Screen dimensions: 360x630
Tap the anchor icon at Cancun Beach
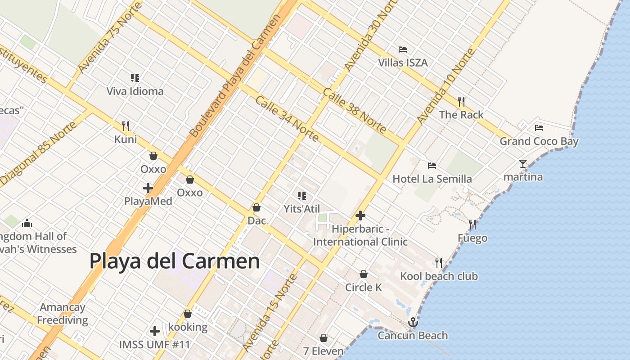click(x=413, y=322)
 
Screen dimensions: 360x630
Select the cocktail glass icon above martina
click(x=522, y=164)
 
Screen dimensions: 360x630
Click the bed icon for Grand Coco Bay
click(x=539, y=128)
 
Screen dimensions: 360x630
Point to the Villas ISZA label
click(x=403, y=63)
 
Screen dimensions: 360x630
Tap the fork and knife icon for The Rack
click(x=461, y=102)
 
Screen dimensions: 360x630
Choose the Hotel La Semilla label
click(x=432, y=179)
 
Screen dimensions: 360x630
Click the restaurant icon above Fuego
click(x=472, y=224)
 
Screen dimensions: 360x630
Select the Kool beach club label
click(x=439, y=276)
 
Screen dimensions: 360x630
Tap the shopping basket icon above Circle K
click(x=364, y=274)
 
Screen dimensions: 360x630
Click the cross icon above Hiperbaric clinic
click(x=360, y=216)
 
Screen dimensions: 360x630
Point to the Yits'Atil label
click(x=301, y=209)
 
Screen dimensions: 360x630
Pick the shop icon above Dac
click(x=256, y=207)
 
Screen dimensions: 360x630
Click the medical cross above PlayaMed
click(x=148, y=188)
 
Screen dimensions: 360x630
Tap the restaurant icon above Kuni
click(x=126, y=126)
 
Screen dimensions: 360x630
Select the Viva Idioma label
click(x=135, y=91)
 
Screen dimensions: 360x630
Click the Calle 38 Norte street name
click(x=354, y=111)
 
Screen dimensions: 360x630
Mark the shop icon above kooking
click(x=188, y=314)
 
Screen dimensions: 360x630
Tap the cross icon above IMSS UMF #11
click(x=155, y=332)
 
